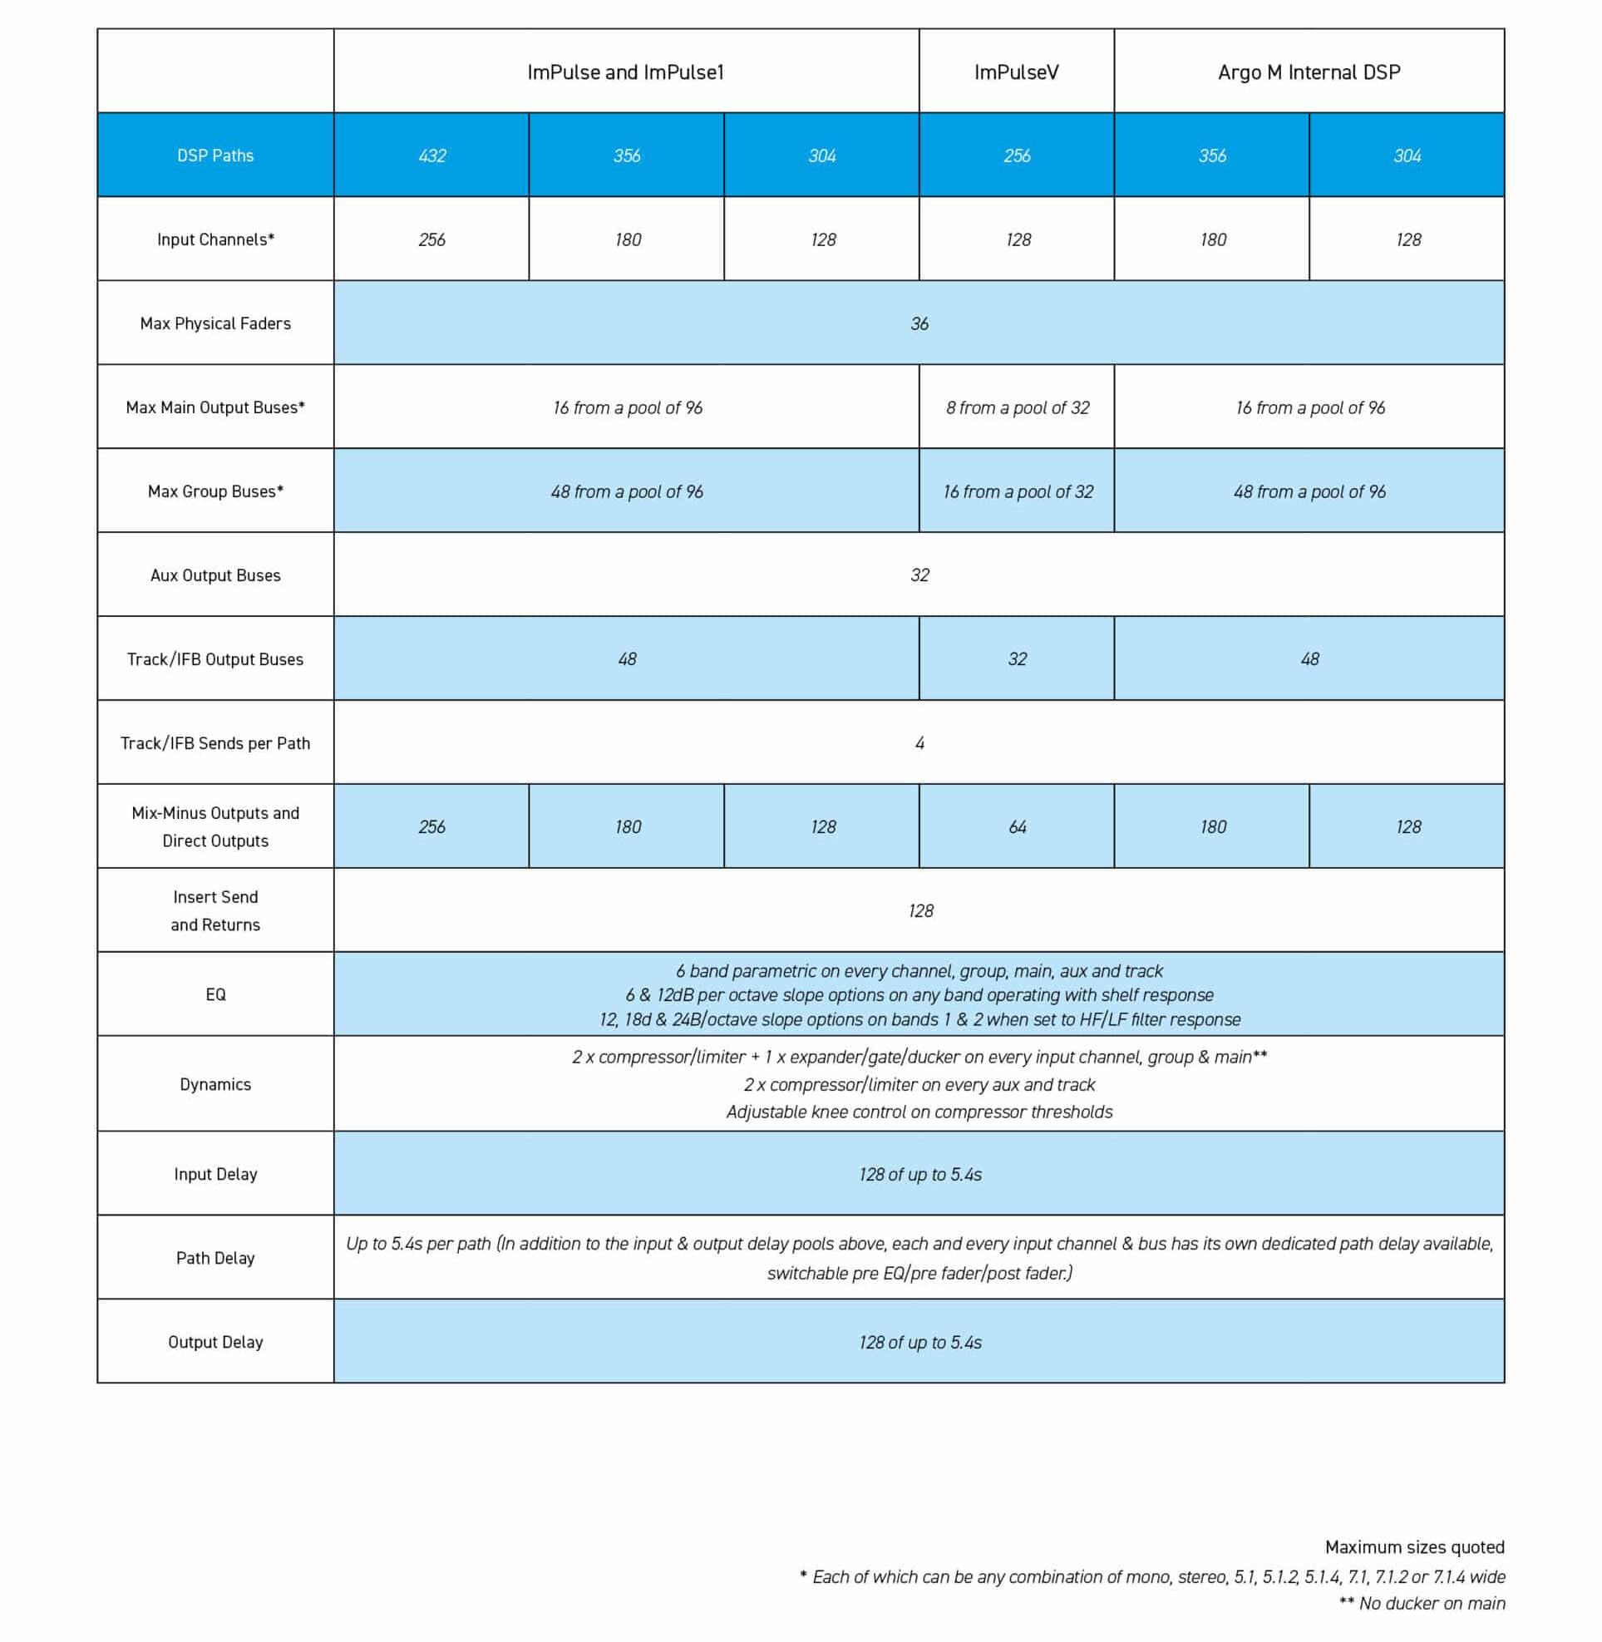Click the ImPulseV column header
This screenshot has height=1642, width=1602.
1016,72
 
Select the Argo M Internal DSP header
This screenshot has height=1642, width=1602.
1309,72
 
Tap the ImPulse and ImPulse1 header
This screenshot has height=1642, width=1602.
625,72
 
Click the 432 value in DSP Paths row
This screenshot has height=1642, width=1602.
431,155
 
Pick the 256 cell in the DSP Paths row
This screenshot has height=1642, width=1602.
1017,155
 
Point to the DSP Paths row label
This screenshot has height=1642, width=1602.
215,155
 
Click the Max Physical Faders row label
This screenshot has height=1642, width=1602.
215,323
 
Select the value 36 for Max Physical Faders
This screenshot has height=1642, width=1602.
919,323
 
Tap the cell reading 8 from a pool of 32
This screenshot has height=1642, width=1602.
1017,407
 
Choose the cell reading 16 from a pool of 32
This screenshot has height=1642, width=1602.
1018,491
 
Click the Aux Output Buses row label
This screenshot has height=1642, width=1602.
215,575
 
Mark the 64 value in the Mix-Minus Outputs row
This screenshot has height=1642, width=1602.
1017,826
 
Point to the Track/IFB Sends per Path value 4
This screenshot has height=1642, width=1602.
919,743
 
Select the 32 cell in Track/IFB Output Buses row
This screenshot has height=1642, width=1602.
1017,659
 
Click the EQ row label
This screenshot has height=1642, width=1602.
215,994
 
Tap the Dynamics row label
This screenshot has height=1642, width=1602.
215,1084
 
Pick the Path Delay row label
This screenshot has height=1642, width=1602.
215,1257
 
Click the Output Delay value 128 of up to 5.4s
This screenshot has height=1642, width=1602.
919,1342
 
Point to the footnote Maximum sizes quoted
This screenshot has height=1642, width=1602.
1413,1547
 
